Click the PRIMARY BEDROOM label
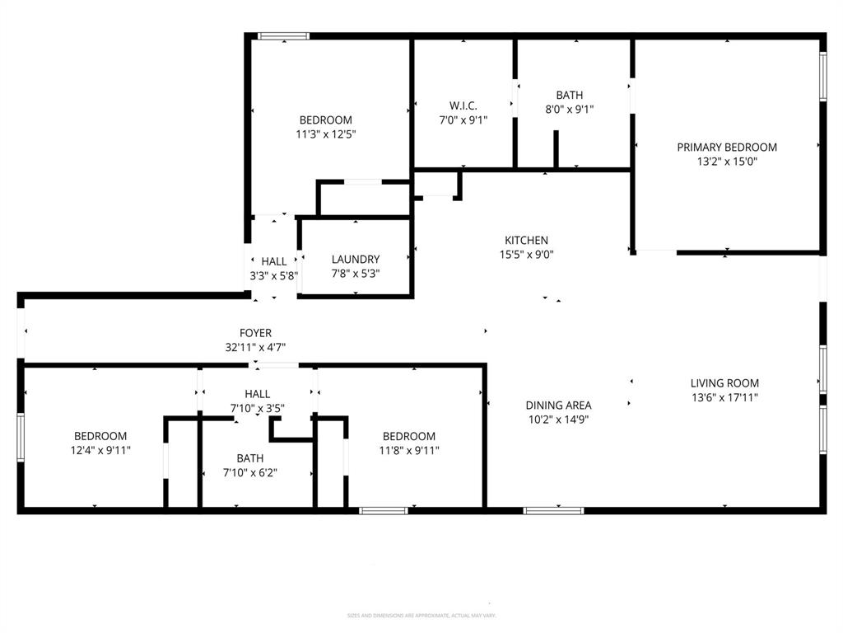point(727,148)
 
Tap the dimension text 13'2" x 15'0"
point(727,162)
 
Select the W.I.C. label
point(463,105)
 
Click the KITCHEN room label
point(528,240)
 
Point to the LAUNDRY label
point(356,259)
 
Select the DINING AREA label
point(558,405)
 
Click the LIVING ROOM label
point(724,382)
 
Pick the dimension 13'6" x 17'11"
point(724,397)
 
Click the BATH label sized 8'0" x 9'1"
point(569,95)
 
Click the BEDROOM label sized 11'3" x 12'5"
point(325,120)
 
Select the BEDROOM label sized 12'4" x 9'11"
point(100,436)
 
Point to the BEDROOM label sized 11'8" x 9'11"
point(408,436)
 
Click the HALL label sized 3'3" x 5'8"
point(274,261)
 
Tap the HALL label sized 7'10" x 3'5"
point(257,394)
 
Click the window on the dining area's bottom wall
point(554,511)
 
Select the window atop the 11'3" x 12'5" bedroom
point(283,35)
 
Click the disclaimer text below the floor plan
point(421,615)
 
